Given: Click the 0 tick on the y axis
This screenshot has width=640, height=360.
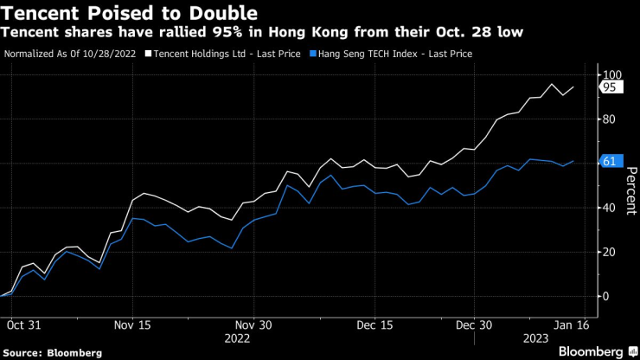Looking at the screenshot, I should coord(606,296).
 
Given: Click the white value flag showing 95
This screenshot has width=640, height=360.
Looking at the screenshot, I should coord(609,87).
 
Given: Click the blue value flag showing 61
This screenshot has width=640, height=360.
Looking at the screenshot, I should coord(609,162).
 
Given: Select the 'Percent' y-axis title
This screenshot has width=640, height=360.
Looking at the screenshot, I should coord(630,186).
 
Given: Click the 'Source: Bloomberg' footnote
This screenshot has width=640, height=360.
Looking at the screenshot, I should coord(53,352).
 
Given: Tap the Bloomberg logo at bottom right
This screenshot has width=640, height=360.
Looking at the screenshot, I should coord(593,351).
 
